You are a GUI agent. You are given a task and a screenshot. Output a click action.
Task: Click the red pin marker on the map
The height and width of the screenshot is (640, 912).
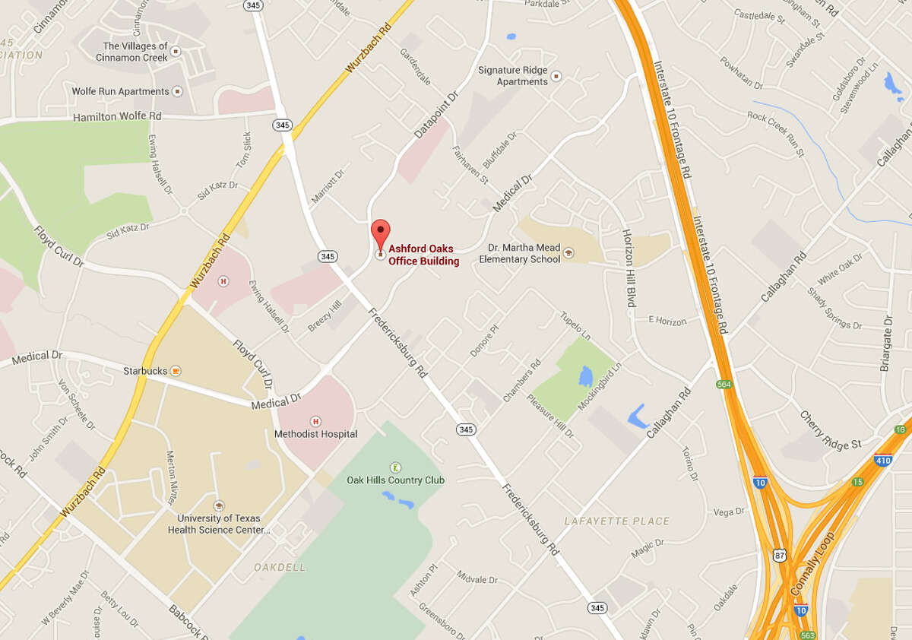[x=380, y=231]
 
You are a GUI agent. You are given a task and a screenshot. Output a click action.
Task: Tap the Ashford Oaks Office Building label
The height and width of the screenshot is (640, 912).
[x=424, y=255]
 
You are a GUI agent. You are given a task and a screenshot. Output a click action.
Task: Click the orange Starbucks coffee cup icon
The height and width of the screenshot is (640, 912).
[x=176, y=371]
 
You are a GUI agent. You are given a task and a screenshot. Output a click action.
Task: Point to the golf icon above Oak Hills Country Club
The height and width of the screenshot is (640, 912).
[x=395, y=467]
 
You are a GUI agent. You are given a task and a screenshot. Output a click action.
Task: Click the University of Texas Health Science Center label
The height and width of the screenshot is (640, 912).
[x=219, y=524]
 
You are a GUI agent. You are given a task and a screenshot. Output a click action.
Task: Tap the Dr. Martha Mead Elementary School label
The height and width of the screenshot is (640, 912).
[x=520, y=254]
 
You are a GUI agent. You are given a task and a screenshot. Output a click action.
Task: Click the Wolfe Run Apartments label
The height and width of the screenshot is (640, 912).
[x=120, y=91]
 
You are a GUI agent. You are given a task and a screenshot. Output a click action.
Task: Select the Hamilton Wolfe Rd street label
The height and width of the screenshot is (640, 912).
[x=117, y=117]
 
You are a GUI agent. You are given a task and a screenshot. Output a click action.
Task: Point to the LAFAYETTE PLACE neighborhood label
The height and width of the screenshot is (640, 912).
[x=617, y=521]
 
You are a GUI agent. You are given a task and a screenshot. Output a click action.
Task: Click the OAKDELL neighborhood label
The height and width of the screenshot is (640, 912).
[x=280, y=567]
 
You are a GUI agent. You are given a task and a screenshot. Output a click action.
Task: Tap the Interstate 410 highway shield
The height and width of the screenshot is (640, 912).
[x=883, y=460]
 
